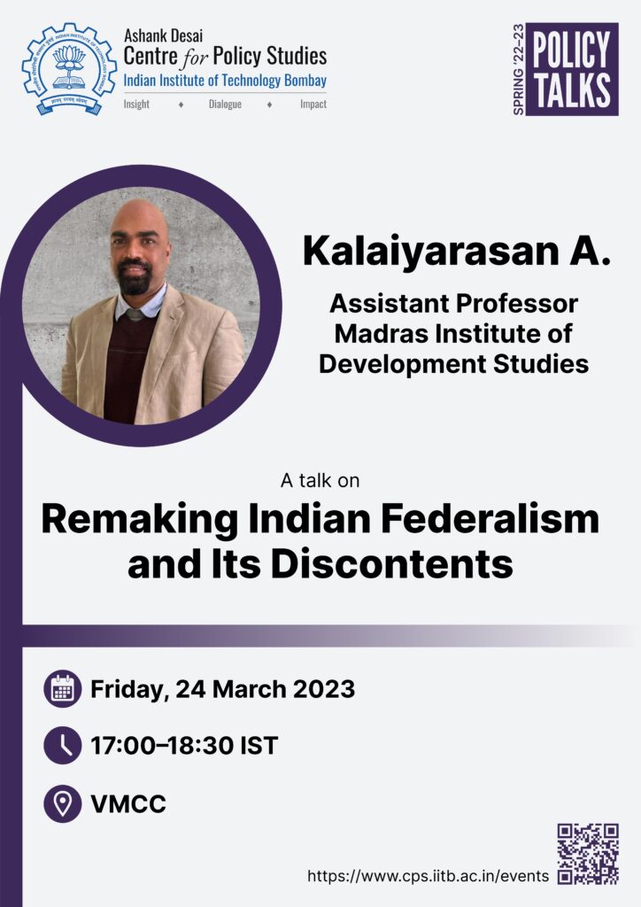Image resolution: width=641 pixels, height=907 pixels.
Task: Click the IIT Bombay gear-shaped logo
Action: point(69,69)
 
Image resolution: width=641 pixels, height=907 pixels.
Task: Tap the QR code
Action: point(588,855)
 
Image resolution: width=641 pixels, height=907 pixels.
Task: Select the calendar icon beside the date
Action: point(63,689)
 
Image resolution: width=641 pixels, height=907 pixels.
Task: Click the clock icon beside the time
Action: point(63,746)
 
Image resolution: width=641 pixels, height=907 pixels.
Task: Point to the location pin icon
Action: point(63,803)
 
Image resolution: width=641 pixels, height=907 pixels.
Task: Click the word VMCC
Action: point(128,804)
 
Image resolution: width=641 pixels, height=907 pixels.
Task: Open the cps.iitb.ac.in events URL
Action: point(428,876)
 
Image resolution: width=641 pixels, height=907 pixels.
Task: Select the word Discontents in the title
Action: point(392,564)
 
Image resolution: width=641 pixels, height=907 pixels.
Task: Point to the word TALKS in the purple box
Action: point(572,91)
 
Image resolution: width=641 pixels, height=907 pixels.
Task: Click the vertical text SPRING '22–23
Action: point(519,69)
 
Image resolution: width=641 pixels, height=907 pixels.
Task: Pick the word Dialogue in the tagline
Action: point(225,105)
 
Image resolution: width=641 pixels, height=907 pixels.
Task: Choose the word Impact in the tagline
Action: point(313,105)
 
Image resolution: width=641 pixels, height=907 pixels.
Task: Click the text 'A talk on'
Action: point(320,480)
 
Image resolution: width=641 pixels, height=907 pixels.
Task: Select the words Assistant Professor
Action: point(453,304)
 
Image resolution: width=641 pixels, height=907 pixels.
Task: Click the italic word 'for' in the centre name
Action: point(196,58)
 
